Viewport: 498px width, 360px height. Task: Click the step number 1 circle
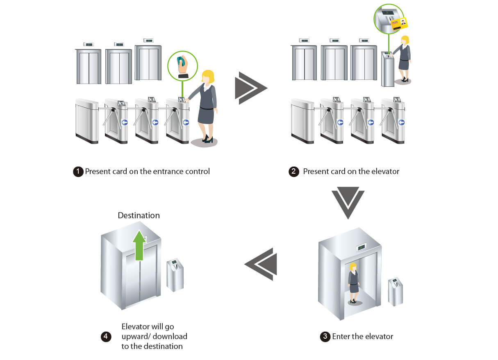click(x=78, y=172)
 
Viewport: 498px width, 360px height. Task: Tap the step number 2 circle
click(x=293, y=172)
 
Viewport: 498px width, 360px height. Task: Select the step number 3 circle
click(x=325, y=337)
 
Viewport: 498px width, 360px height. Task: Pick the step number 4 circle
click(x=106, y=337)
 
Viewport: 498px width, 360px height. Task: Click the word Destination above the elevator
click(x=139, y=215)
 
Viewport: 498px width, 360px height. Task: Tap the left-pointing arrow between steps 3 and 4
click(x=262, y=264)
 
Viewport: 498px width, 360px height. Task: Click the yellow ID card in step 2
click(x=400, y=24)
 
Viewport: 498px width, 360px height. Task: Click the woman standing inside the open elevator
click(x=353, y=283)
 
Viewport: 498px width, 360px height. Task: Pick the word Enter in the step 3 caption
click(x=341, y=337)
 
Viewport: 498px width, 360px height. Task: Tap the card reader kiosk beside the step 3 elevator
click(x=396, y=291)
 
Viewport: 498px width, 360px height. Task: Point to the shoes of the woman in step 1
click(x=206, y=140)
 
